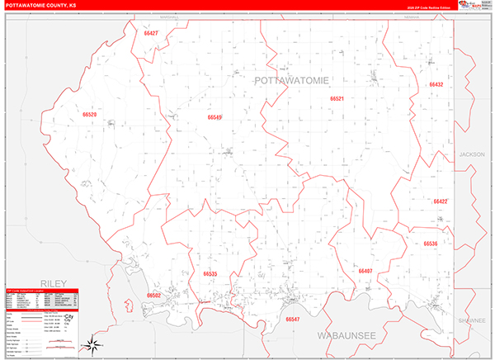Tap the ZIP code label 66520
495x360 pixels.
click(x=90, y=115)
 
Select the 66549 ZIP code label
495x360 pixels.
click(x=214, y=117)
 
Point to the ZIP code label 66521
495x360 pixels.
click(x=337, y=98)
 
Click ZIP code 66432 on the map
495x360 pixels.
click(x=436, y=85)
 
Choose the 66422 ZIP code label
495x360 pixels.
click(x=440, y=201)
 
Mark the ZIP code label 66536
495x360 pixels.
click(x=430, y=244)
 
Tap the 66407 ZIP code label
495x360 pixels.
click(x=365, y=271)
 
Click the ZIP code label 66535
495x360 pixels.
click(x=210, y=273)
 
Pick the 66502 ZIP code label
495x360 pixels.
click(x=153, y=295)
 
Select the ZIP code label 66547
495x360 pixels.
click(x=292, y=318)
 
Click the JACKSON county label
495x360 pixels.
click(x=472, y=154)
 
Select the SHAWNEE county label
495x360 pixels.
click(x=473, y=320)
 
